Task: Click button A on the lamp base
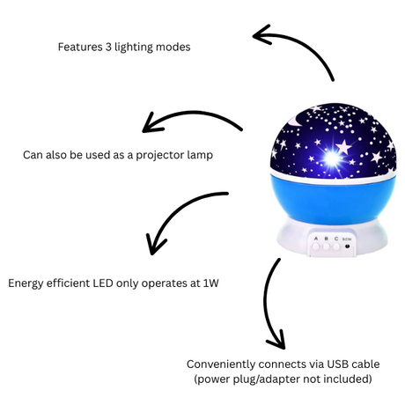tap(316, 247)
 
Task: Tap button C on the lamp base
tap(336, 247)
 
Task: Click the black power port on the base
tap(348, 246)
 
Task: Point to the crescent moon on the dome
tap(296, 121)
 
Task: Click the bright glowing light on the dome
tap(332, 158)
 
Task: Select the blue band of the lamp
tap(333, 200)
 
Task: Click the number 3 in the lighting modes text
tap(108, 47)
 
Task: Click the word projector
tap(160, 155)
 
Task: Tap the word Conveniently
tap(221, 364)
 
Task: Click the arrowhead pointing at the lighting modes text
tap(261, 35)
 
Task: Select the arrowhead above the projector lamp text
tap(151, 123)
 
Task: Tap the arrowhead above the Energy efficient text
tap(154, 245)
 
